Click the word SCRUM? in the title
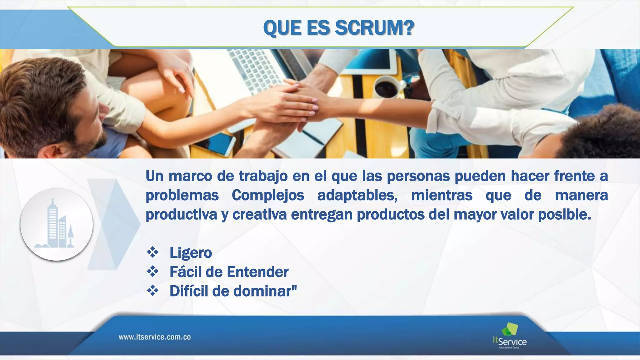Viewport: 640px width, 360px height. coord(374,28)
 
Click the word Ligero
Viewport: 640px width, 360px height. coord(191,252)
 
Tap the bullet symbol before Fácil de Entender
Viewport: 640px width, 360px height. coord(153,272)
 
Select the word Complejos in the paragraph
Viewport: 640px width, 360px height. coord(268,195)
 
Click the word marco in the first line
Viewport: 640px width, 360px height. coord(190,176)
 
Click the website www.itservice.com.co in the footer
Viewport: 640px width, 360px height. coord(155,337)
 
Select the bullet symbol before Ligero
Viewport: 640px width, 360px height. coord(153,252)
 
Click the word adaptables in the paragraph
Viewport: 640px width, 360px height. coord(357,195)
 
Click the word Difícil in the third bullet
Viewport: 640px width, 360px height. coord(189,291)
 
